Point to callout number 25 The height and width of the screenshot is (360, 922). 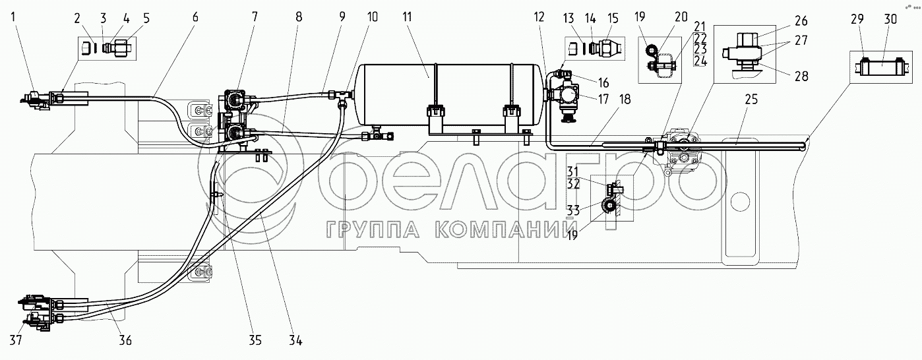click(752, 100)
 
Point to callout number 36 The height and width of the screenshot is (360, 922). click(125, 340)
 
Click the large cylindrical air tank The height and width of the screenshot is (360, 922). click(448, 92)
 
